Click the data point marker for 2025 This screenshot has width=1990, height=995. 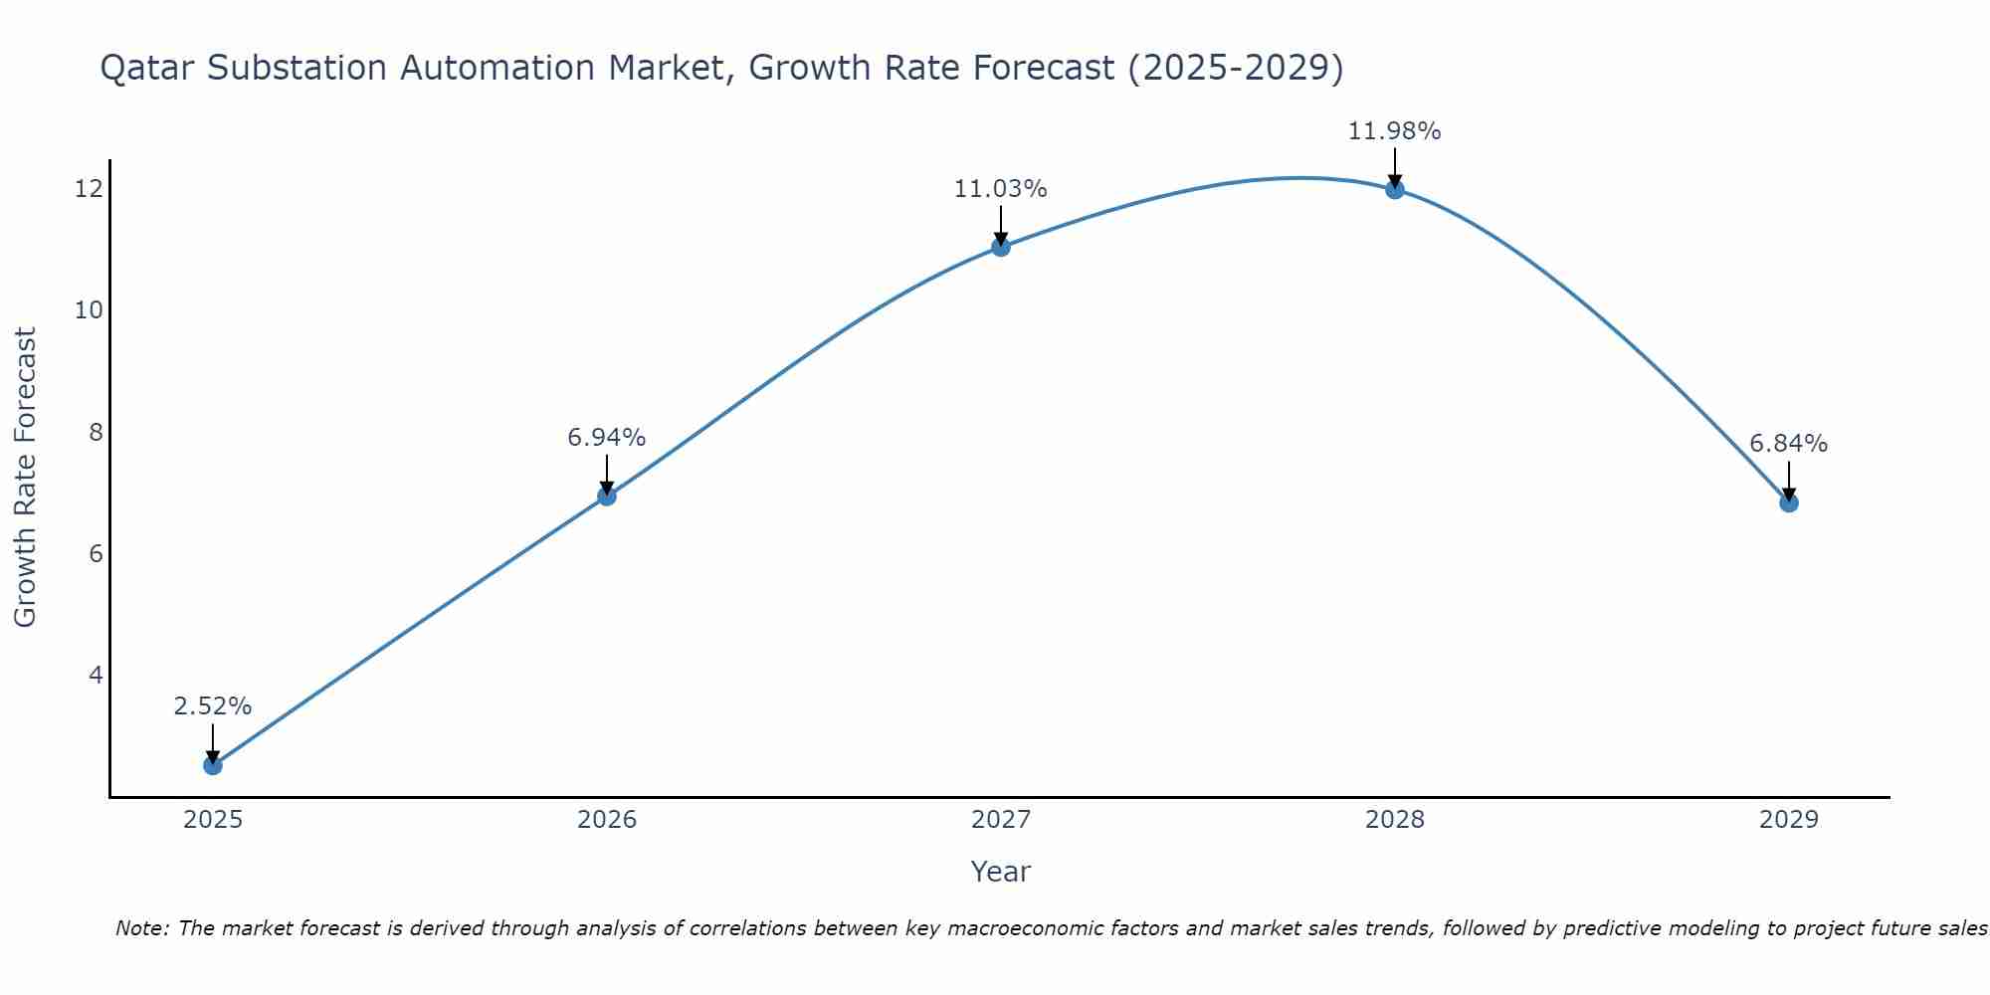coord(213,765)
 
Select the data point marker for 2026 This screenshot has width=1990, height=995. coord(607,496)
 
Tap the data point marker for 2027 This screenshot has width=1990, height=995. coord(1001,247)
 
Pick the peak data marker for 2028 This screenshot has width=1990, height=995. coord(1395,189)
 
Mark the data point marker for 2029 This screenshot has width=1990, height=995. coord(1789,502)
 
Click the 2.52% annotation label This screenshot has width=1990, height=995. coord(213,706)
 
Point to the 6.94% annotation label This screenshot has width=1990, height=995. coord(607,437)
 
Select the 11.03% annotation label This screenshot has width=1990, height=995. coord(1001,189)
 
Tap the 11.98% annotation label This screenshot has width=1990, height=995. coord(1395,131)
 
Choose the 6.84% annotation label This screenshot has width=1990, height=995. coord(1789,444)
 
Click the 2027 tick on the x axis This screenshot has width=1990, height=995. coord(1001,820)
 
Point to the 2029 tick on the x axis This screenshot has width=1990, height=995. coord(1789,820)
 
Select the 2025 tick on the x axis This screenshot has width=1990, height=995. coord(213,820)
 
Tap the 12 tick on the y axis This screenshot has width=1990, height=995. coord(89,188)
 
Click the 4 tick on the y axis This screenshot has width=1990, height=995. coord(96,675)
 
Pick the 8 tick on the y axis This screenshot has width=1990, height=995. coord(96,432)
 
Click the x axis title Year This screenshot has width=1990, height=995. coord(1001,872)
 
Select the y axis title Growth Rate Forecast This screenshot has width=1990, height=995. coord(26,478)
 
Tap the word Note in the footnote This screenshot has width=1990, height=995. coord(141,928)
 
